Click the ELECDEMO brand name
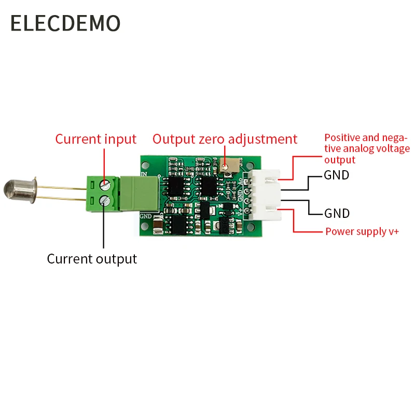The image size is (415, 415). pos(65,23)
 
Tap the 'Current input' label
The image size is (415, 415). pos(95,139)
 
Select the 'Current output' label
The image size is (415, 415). pos(92,259)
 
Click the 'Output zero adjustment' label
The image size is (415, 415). pos(225,139)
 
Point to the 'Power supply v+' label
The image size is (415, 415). pos(362,231)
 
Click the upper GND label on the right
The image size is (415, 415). pos(337,175)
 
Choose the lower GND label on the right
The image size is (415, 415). pos(337,213)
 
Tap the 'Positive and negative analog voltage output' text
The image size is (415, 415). pos(366,148)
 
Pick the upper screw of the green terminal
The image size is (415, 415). pos(107,183)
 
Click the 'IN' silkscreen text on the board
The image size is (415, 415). pos(144,175)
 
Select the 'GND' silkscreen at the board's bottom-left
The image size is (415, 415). pos(146,216)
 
